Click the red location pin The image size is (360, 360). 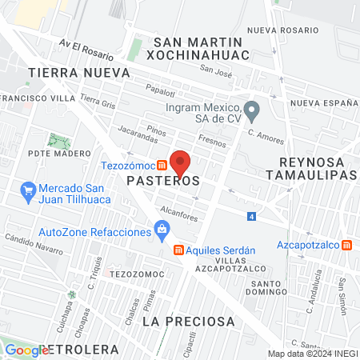click(180, 163)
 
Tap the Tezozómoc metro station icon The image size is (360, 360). click(162, 166)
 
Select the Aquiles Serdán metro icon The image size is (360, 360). click(179, 250)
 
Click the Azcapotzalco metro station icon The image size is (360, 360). click(346, 245)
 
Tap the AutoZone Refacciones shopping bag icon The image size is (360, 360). click(162, 232)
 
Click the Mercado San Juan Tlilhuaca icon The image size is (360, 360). click(26, 190)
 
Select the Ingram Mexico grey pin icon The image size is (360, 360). click(252, 108)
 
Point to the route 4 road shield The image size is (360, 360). click(252, 217)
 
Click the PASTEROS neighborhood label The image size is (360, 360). click(162, 182)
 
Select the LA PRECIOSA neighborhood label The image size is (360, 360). click(189, 321)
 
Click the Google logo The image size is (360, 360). click(26, 350)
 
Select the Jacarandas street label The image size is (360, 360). click(133, 129)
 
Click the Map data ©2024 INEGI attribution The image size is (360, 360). click(312, 354)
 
